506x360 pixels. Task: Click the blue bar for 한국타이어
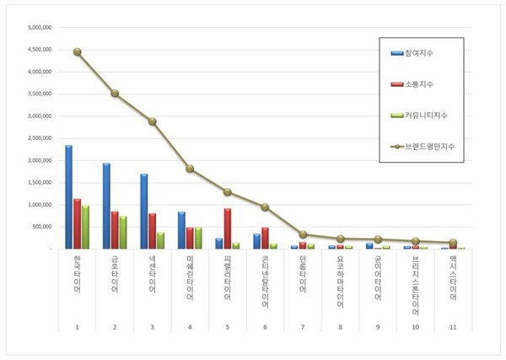click(68, 197)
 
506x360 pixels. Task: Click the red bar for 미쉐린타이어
click(190, 238)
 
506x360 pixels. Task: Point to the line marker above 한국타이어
click(78, 52)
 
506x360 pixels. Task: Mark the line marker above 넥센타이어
click(153, 121)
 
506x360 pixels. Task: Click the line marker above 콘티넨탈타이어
click(265, 207)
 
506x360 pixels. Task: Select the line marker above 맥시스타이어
click(453, 243)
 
